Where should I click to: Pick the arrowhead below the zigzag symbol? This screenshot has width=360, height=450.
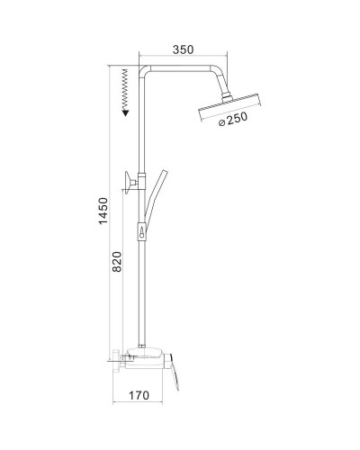click(x=125, y=111)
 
